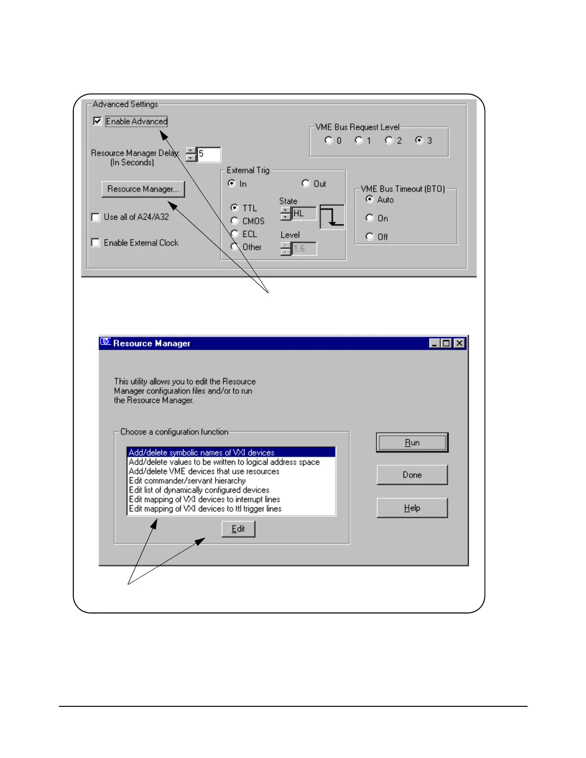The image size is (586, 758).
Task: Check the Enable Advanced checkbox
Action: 98,121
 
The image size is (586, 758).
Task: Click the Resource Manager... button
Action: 143,189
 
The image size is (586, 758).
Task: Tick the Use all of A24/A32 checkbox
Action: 96,217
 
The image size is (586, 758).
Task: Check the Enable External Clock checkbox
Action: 96,243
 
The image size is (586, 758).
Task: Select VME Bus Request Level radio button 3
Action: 419,140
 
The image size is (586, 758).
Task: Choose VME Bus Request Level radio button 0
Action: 328,140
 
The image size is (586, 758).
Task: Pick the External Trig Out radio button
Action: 305,183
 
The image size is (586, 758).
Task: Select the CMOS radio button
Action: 235,221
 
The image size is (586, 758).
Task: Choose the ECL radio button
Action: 235,234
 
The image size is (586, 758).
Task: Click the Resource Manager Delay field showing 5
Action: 209,154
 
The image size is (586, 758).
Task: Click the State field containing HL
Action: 304,213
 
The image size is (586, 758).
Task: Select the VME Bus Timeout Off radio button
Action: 370,236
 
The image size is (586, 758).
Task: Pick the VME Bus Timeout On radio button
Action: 370,218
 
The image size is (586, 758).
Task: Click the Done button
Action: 412,475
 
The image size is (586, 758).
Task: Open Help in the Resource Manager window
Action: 412,508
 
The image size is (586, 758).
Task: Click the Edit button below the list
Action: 238,529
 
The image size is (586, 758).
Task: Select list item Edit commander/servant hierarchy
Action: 187,480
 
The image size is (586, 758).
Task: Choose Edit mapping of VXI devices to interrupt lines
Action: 204,499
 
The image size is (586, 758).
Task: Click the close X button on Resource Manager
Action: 459,343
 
